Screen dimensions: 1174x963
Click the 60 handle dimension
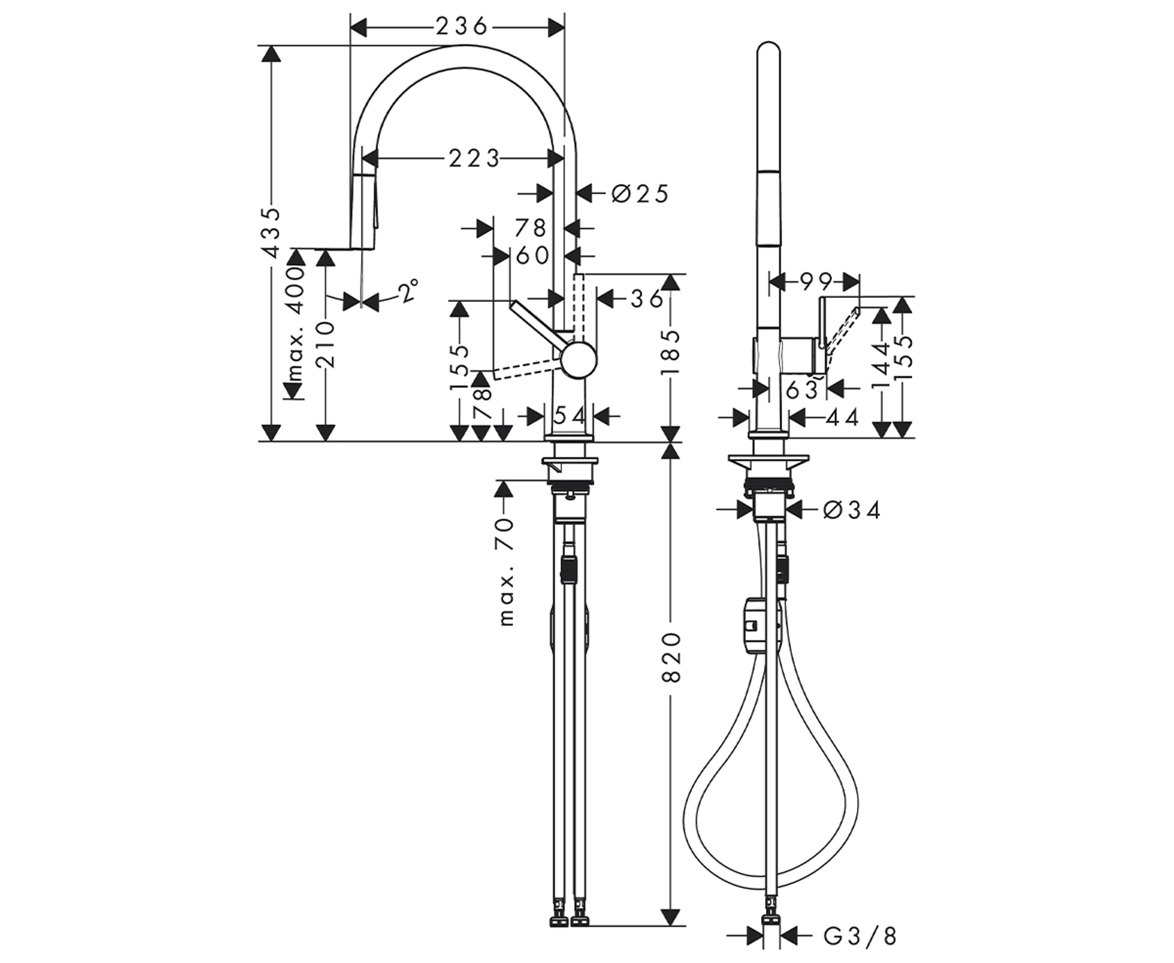tap(532, 256)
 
